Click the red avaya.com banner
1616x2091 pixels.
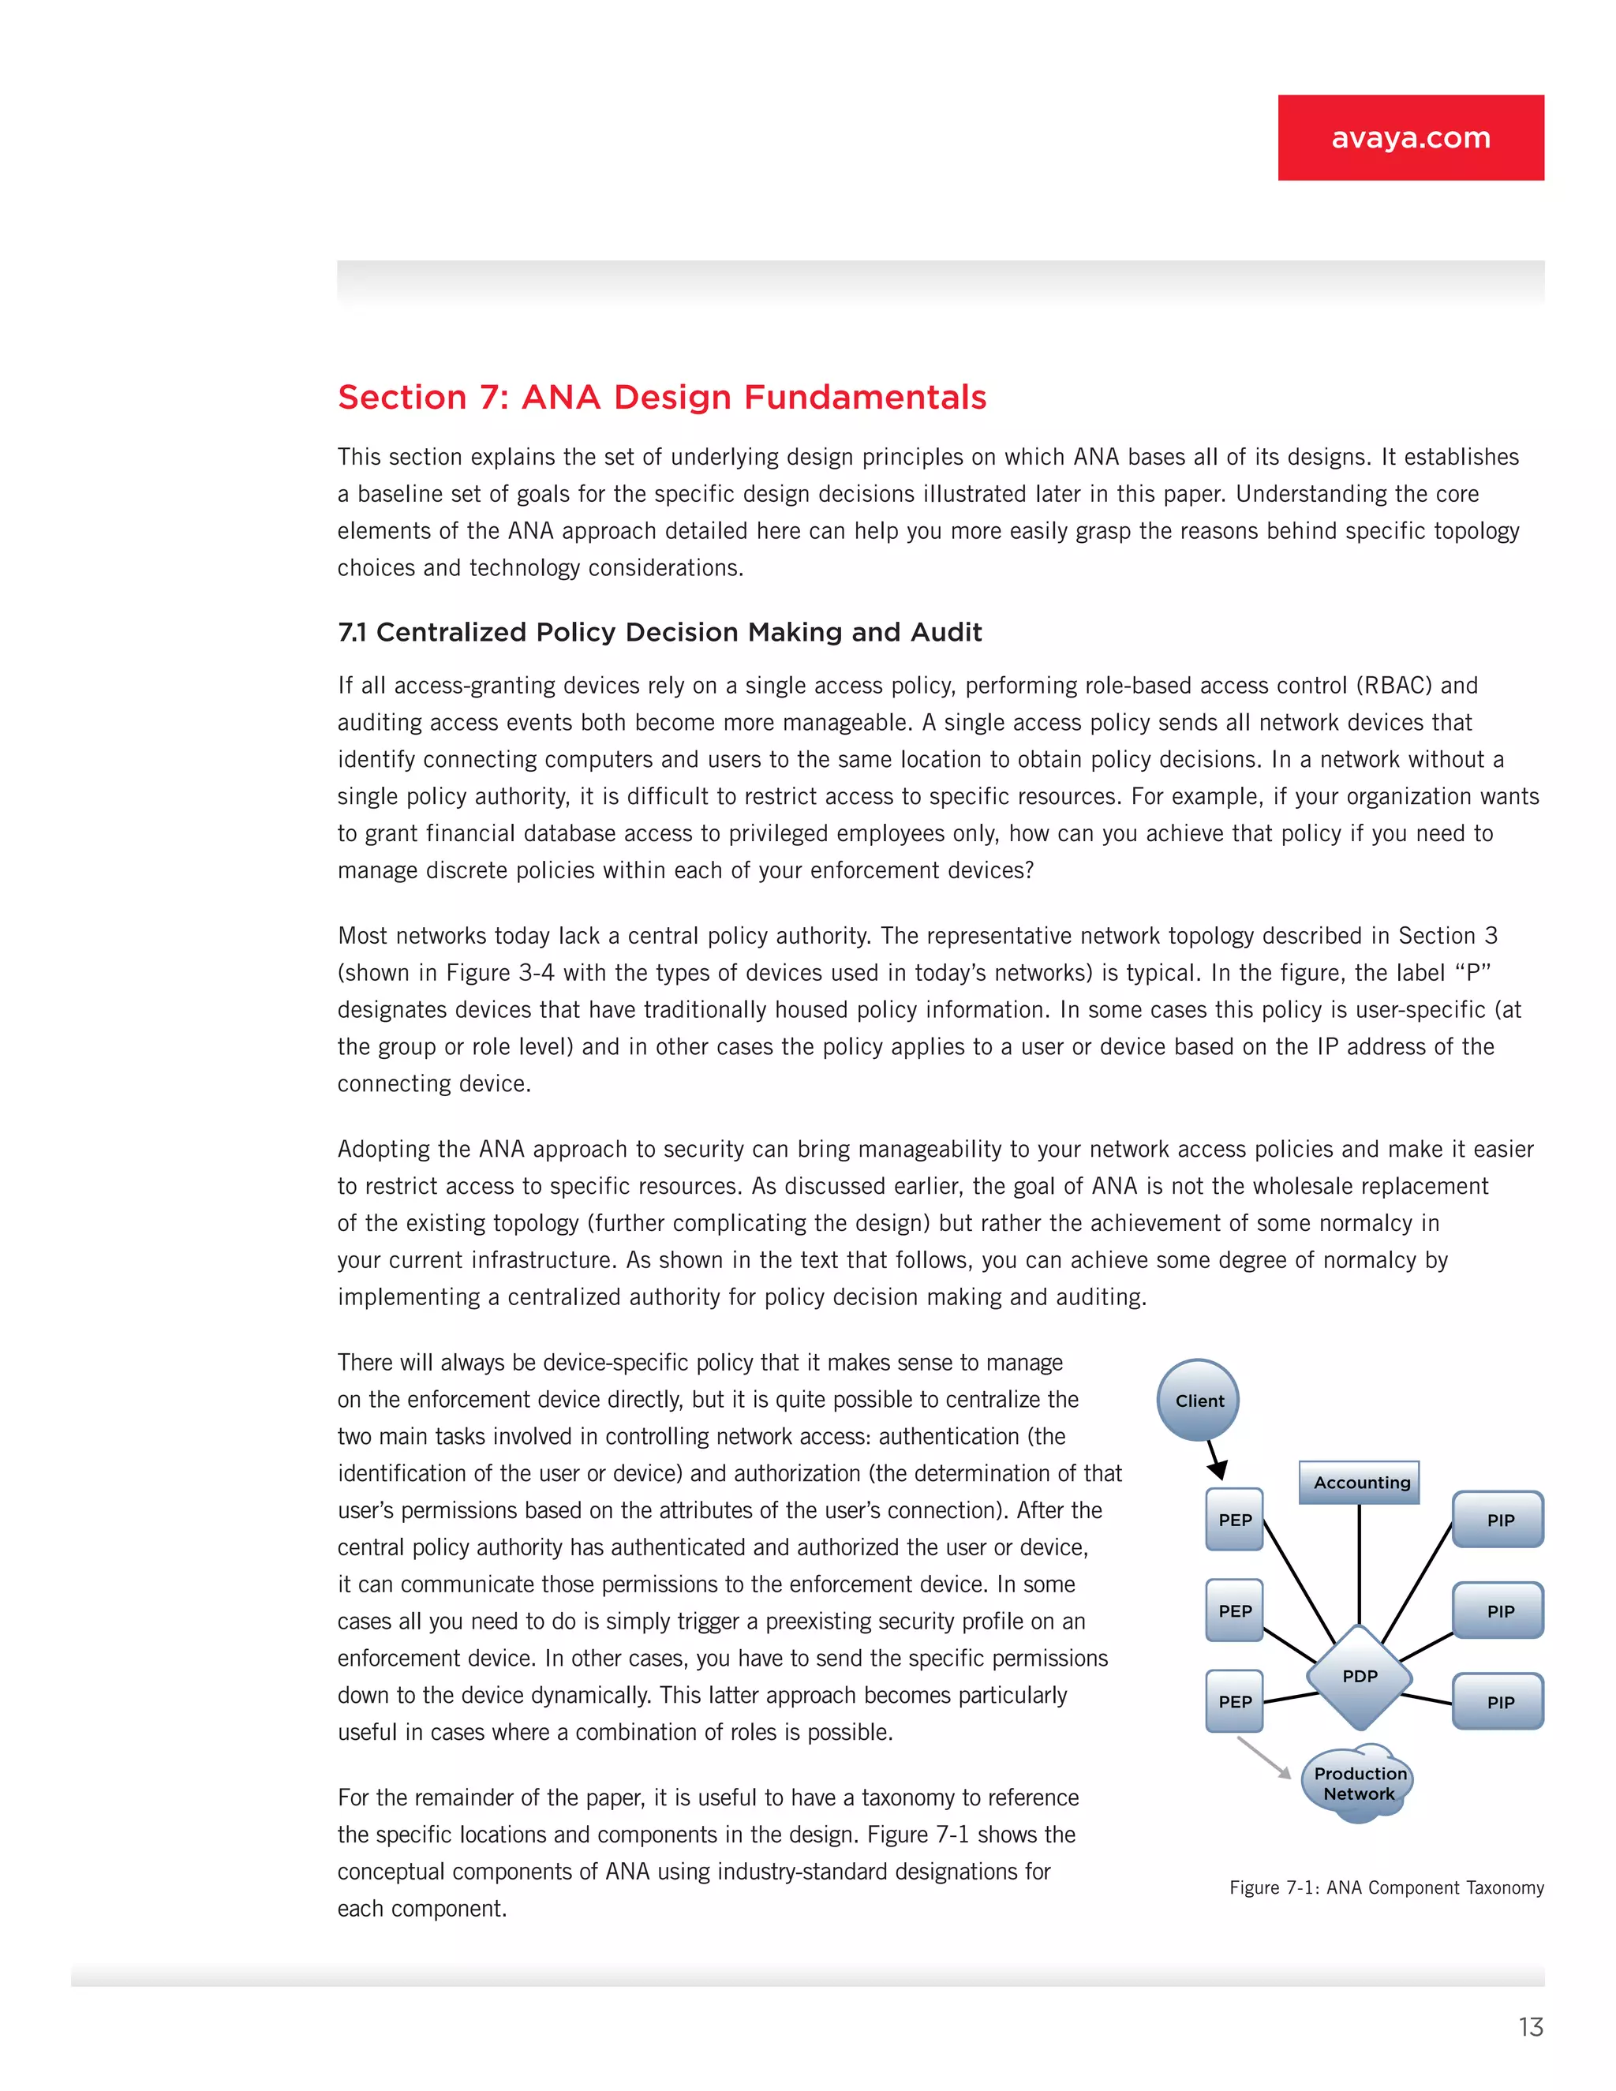point(1410,137)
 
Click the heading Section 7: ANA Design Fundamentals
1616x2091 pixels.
point(661,398)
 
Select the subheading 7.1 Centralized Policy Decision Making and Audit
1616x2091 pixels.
point(660,632)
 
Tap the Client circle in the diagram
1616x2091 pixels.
point(1199,1400)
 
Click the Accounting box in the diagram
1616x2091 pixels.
point(1360,1482)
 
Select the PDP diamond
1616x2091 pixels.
point(1360,1677)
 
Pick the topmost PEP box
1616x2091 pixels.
point(1234,1520)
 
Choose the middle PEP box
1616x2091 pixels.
point(1234,1610)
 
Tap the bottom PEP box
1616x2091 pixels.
point(1234,1701)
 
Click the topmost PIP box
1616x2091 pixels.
point(1498,1520)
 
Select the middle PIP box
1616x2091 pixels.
point(1498,1610)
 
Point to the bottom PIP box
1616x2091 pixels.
point(1498,1701)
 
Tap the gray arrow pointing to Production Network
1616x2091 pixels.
point(1264,1758)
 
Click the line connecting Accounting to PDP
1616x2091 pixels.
point(1360,1565)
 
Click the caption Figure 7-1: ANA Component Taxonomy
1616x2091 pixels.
point(1386,1887)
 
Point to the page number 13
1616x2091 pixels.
point(1530,2027)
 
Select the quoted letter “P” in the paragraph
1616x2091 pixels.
point(1472,973)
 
